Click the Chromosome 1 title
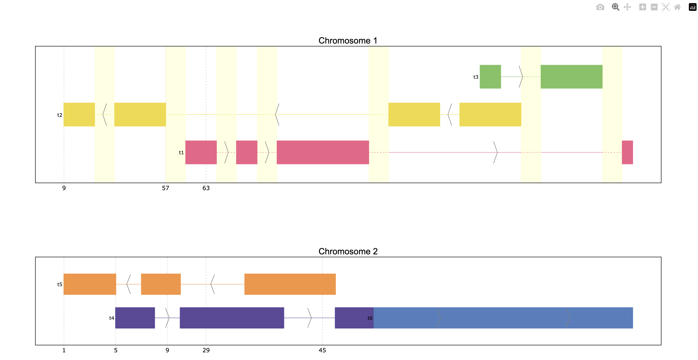click(x=348, y=41)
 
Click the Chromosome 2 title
click(x=348, y=251)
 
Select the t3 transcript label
click(x=476, y=77)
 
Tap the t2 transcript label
click(x=60, y=115)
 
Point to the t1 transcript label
click(x=181, y=153)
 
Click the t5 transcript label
click(x=60, y=284)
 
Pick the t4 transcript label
click(x=111, y=318)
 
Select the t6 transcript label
click(x=370, y=318)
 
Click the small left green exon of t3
click(x=490, y=77)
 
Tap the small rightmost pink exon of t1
click(x=627, y=152)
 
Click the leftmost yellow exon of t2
click(x=79, y=114)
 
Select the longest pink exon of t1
click(x=323, y=152)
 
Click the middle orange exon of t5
click(x=161, y=284)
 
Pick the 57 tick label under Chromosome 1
click(x=165, y=188)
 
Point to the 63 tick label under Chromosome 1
click(x=206, y=188)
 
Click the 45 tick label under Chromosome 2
click(x=322, y=350)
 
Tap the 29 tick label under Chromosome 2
click(x=206, y=350)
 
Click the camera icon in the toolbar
click(x=600, y=7)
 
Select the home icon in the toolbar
click(x=677, y=7)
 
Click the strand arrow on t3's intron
click(x=521, y=77)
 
